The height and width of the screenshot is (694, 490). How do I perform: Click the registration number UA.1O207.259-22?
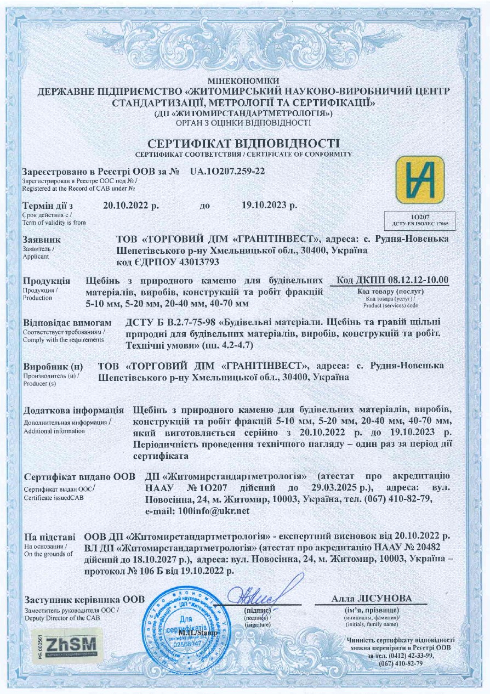pos(227,172)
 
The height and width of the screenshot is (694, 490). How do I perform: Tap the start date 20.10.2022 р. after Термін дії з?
pos(131,206)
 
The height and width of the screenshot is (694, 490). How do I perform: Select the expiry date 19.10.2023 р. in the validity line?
pos(270,206)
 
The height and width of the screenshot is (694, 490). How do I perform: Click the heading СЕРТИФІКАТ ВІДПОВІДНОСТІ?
pos(244,144)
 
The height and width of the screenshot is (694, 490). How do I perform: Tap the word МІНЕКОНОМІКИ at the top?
pos(244,81)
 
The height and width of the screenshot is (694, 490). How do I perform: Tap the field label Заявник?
pos(42,240)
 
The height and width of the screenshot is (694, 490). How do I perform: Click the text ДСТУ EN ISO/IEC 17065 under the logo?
pos(420,225)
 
